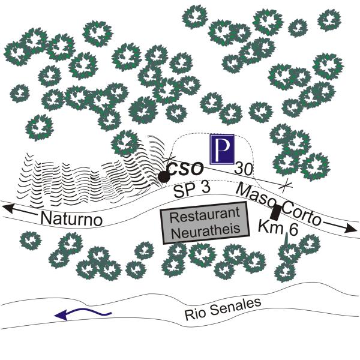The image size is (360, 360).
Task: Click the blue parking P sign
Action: coord(221,149)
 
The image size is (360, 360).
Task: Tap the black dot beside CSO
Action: coord(163,176)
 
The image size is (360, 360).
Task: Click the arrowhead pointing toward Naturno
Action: coord(9,208)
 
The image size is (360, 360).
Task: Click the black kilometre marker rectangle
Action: coord(275,212)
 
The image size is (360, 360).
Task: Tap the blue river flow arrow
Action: coord(81,313)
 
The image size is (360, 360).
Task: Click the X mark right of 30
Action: coord(288,181)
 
